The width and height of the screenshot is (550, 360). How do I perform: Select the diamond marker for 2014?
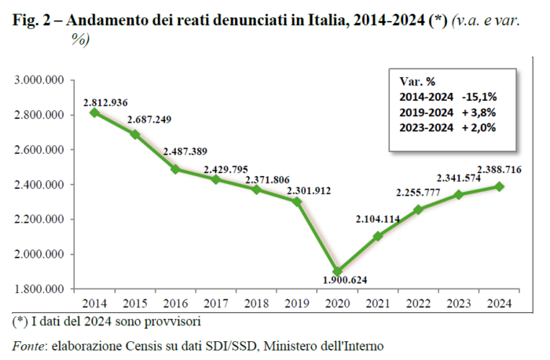pyautogui.click(x=94, y=112)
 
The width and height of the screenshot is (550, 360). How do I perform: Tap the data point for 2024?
pyautogui.click(x=500, y=186)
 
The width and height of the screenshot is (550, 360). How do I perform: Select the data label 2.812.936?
pyautogui.click(x=105, y=102)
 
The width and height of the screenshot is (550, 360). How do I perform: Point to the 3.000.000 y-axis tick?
pyautogui.click(x=38, y=80)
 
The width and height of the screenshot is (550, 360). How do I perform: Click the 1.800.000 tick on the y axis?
pyautogui.click(x=38, y=289)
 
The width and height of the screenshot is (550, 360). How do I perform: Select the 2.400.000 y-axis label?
pyautogui.click(x=38, y=185)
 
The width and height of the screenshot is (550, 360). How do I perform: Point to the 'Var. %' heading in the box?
pyautogui.click(x=417, y=81)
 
